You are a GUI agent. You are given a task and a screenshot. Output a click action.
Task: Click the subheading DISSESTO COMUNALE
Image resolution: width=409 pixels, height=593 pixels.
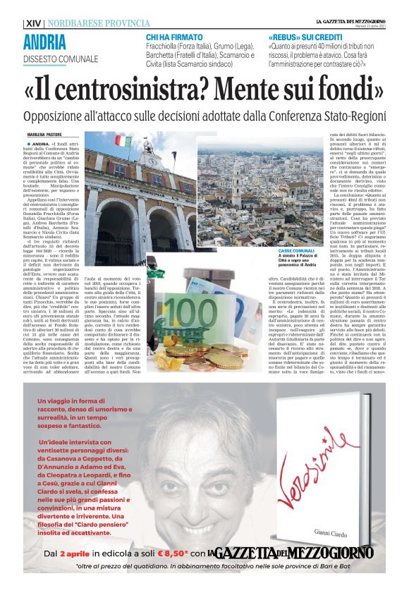[61, 59]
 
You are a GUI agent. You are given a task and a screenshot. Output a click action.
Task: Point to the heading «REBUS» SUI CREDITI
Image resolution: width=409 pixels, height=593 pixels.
[299, 36]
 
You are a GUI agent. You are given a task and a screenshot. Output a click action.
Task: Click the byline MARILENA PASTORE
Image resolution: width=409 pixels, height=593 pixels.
[44, 134]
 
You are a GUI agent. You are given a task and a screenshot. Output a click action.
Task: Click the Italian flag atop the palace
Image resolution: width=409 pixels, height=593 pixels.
[124, 140]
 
